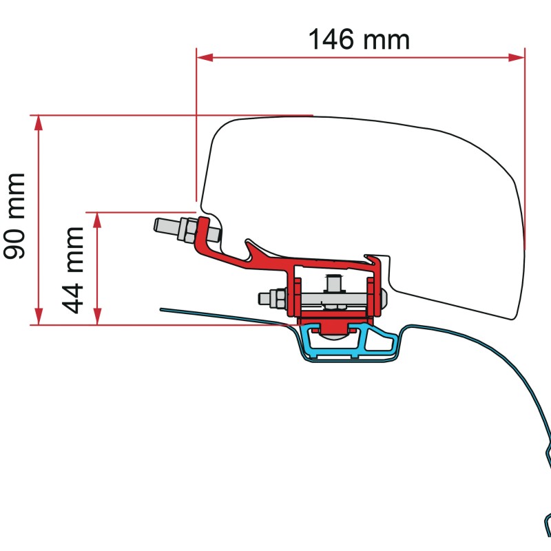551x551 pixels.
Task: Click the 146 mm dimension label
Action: pos(359,39)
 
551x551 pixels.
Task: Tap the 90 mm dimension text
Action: pos(14,216)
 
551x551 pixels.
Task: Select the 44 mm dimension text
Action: pos(73,270)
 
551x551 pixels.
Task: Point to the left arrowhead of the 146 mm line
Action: pos(205,57)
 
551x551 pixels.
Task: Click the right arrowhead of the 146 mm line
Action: pos(516,57)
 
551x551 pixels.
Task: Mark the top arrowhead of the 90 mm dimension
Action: pos(39,123)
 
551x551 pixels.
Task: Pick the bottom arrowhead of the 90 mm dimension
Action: pos(39,317)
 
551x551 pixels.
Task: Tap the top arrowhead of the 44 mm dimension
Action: pos(97,220)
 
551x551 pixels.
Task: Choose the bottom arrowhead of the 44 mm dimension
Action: pos(97,317)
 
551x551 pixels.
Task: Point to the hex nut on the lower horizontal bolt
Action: pos(280,299)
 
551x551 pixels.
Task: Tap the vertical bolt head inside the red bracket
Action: pos(333,283)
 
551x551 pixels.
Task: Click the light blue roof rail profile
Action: pos(348,342)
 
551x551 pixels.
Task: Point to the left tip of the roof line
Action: pos(161,309)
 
